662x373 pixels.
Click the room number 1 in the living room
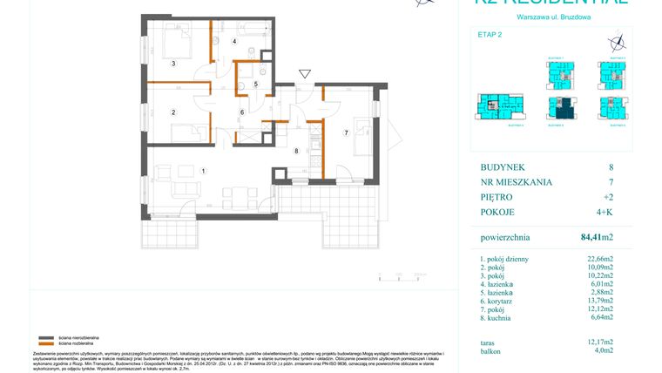click(x=203, y=171)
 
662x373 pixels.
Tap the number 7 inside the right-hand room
click(x=346, y=132)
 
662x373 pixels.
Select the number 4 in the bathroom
click(x=233, y=42)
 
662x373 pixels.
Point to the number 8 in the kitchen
click(x=297, y=151)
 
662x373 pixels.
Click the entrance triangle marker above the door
click(x=303, y=74)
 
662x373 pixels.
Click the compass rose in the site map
click(x=617, y=40)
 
